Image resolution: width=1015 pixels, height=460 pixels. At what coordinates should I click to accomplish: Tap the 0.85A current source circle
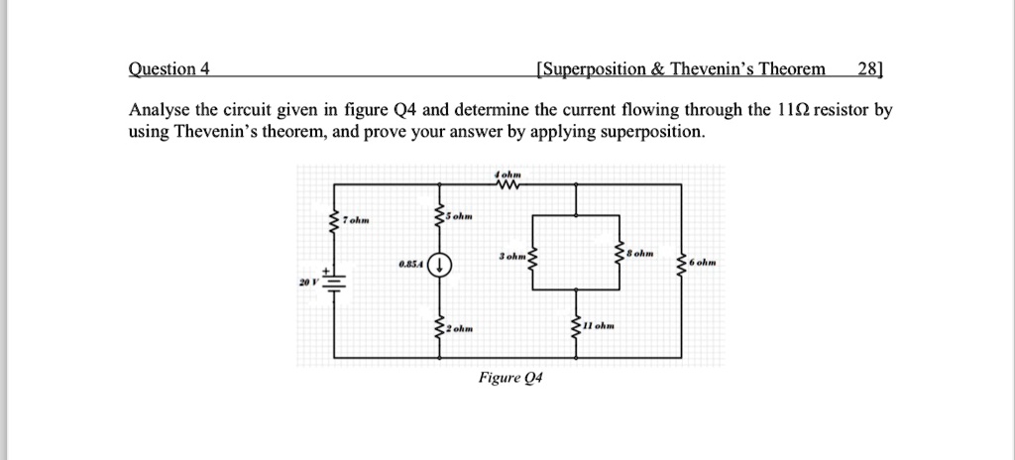(439, 265)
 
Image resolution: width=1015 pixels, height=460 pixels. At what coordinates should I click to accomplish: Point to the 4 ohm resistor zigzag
(508, 185)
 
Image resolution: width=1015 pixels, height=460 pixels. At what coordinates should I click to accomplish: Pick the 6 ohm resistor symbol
(680, 264)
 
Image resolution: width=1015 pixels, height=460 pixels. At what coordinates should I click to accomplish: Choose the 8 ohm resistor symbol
(620, 254)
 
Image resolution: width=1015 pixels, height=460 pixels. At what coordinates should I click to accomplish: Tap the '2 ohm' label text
(458, 328)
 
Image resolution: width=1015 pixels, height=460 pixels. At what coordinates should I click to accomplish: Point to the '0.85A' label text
(409, 265)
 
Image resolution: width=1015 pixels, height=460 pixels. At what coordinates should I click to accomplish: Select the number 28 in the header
(868, 69)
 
